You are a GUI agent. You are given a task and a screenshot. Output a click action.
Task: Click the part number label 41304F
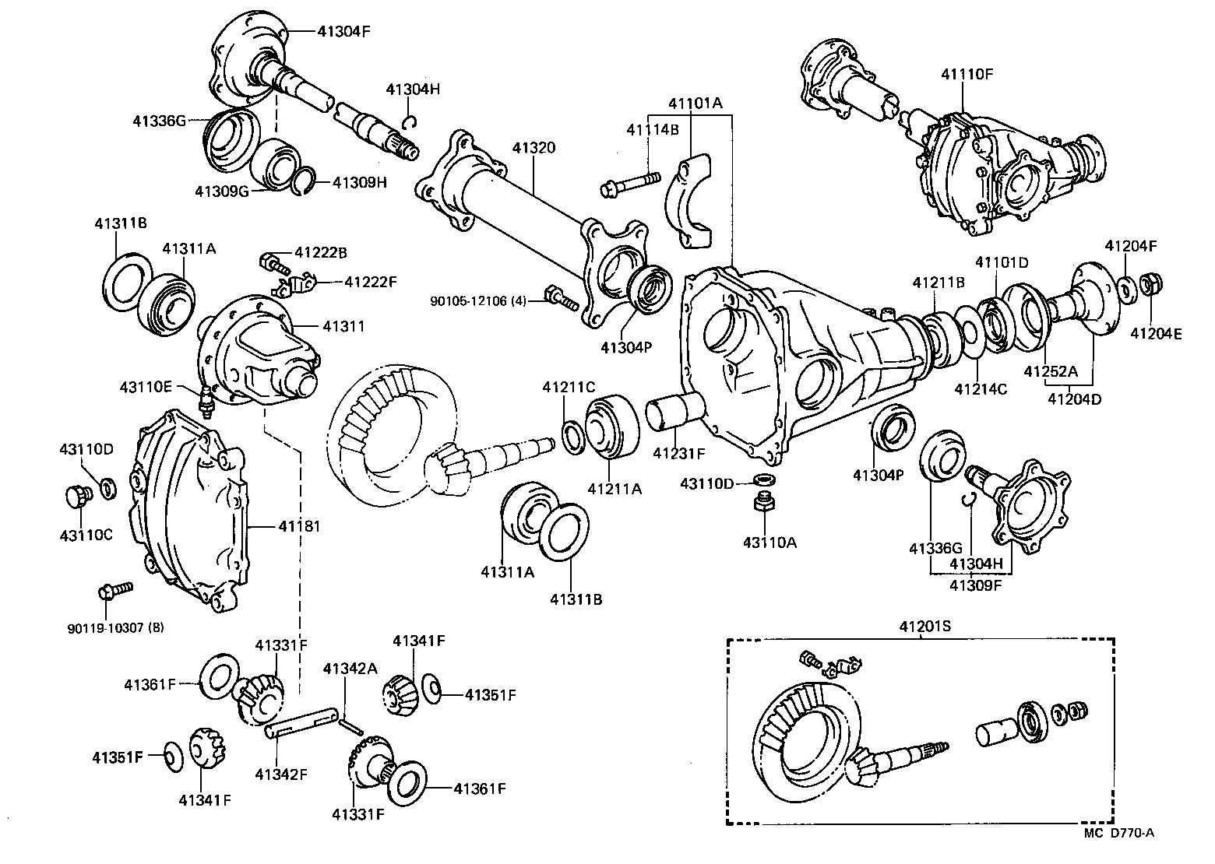342,32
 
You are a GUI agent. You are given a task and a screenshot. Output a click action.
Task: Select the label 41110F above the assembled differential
967,75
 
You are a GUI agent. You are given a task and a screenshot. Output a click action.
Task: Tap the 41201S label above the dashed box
923,627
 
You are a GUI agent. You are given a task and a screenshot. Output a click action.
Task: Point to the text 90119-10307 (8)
116,627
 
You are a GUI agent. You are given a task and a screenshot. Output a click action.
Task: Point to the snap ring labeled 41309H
305,183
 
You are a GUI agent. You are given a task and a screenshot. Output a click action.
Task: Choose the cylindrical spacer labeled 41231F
674,412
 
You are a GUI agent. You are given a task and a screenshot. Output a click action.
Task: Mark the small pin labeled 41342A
350,725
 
